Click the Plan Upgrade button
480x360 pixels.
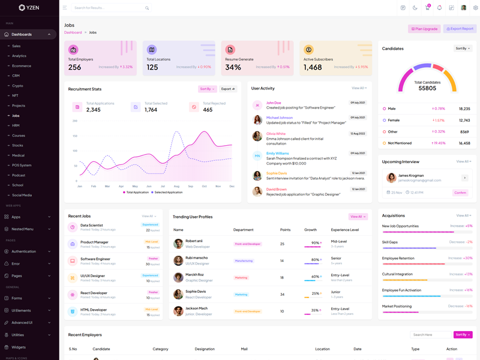point(424,29)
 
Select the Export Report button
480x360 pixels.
point(460,29)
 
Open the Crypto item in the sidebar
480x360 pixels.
point(18,86)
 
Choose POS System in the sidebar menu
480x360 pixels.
point(22,165)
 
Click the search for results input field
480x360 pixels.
point(108,8)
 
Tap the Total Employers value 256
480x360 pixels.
point(74,67)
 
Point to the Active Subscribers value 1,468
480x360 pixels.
point(313,67)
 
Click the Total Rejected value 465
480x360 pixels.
point(208,110)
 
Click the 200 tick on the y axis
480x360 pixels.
point(75,121)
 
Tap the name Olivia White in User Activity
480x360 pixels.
point(276,134)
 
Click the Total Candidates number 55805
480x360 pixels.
point(427,88)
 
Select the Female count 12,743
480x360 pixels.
point(464,120)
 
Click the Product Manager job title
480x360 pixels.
point(94,242)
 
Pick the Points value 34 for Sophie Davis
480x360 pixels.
point(282,295)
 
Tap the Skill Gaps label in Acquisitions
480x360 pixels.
point(390,242)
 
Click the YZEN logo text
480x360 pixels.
point(32,8)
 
